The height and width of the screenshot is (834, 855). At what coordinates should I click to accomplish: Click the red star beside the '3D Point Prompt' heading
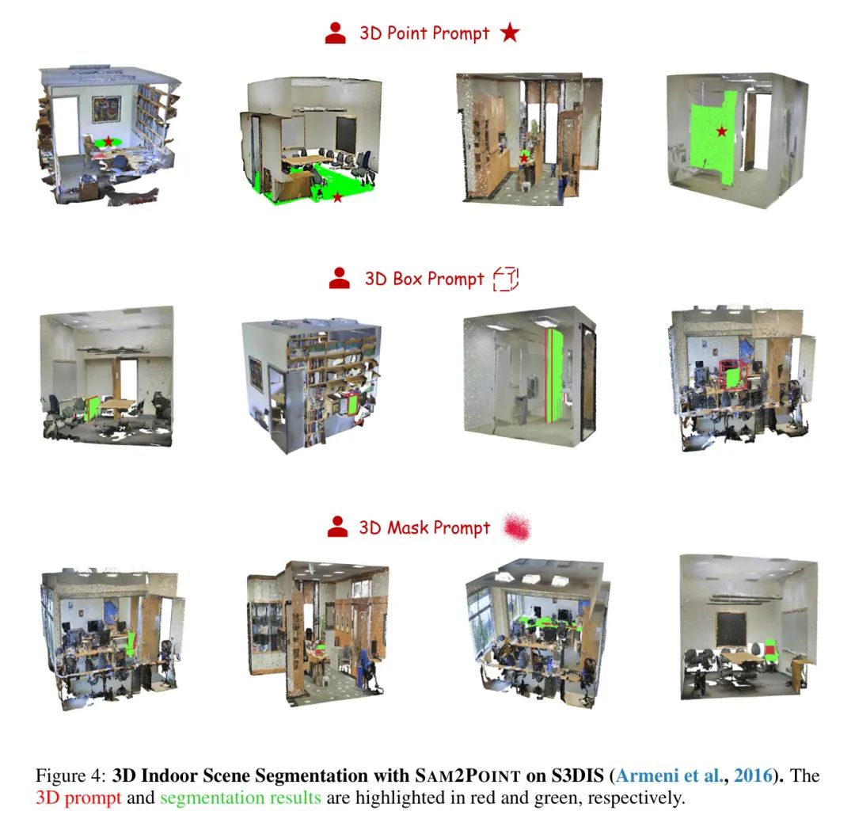[x=510, y=32]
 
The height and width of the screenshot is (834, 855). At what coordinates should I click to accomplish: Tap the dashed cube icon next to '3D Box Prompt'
[x=506, y=279]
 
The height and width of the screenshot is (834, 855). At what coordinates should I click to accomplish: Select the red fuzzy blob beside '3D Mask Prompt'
[x=516, y=527]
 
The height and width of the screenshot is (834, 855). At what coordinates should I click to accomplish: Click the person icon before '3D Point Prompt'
[x=336, y=32]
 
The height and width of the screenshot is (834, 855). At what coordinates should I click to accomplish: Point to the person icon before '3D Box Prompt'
[x=339, y=278]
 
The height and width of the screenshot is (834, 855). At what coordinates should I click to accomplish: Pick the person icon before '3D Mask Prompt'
[x=337, y=527]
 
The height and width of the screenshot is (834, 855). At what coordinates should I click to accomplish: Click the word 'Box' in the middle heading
[x=408, y=279]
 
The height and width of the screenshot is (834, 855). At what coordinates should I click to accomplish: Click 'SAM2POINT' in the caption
[x=468, y=775]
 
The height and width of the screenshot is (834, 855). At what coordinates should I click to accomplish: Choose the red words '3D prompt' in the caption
[x=78, y=798]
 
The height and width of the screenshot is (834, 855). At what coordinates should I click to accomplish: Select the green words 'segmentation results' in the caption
[x=241, y=798]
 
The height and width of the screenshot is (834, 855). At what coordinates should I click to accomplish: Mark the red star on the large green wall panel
[x=722, y=131]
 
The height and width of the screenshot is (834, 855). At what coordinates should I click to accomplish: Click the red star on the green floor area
[x=337, y=197]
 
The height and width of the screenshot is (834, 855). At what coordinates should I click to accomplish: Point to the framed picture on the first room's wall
[x=106, y=109]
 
